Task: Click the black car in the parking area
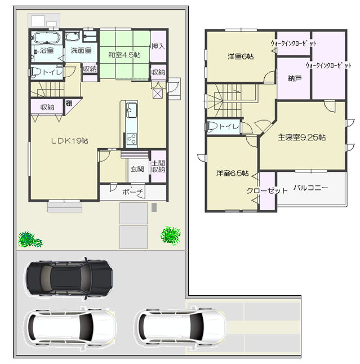69,278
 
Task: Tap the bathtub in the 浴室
47,38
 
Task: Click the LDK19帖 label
70,141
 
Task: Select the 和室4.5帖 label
125,55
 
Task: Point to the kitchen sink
131,110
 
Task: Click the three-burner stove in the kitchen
132,139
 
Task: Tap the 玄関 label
137,169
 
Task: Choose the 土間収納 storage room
158,166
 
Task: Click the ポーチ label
132,192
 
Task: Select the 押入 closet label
158,46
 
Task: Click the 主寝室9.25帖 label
302,137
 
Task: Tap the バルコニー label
310,188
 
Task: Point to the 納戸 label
295,78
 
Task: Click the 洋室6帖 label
241,56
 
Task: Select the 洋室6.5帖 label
232,173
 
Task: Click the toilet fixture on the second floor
212,127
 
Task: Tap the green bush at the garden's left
30,239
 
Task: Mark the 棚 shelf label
69,103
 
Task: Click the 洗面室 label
81,50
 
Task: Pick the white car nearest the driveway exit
180,325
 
